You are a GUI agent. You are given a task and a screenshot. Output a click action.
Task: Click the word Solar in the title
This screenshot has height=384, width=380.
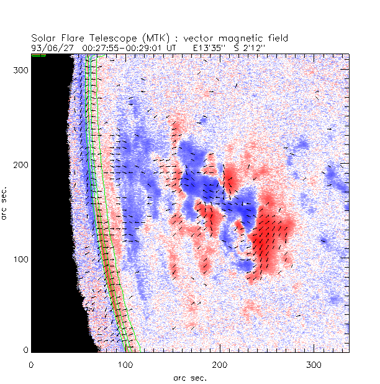tap(43, 38)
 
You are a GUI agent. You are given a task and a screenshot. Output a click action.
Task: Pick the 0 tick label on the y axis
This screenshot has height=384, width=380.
tap(25, 350)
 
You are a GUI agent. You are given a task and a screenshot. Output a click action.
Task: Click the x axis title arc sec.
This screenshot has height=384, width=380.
tap(189, 377)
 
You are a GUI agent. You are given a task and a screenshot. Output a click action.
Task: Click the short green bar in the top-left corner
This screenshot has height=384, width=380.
tap(38, 55)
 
